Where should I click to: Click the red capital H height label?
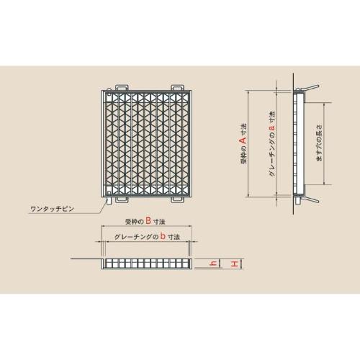(x=235, y=264)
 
